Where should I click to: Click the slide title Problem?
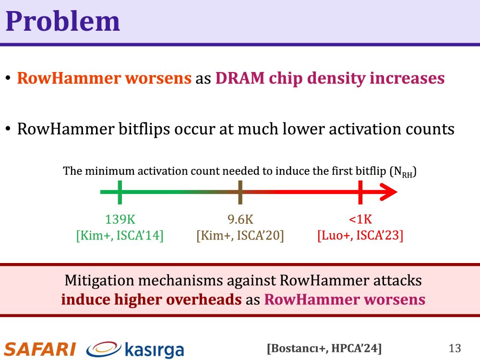point(63,22)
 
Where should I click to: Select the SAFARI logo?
point(40,349)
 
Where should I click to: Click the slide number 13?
point(455,348)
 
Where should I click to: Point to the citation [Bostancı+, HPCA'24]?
point(324,348)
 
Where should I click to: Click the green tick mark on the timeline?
point(120,192)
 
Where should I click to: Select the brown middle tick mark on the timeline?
point(240,192)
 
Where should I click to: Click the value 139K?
point(120,219)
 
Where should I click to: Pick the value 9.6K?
point(240,219)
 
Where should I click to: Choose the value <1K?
point(360,219)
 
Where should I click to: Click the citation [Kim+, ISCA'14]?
point(120,236)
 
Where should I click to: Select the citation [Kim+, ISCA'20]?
point(240,236)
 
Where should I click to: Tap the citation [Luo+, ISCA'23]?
point(360,236)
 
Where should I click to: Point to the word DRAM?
point(240,78)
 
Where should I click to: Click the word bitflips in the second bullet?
point(144,129)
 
